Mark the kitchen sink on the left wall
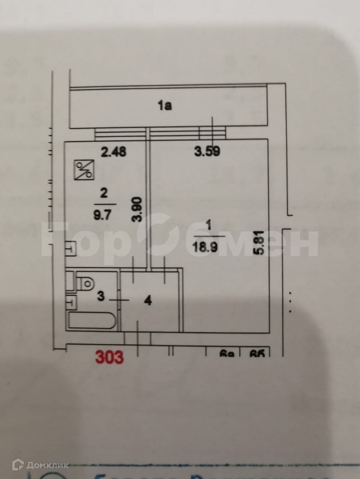[70, 248]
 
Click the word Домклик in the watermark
[51, 465]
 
